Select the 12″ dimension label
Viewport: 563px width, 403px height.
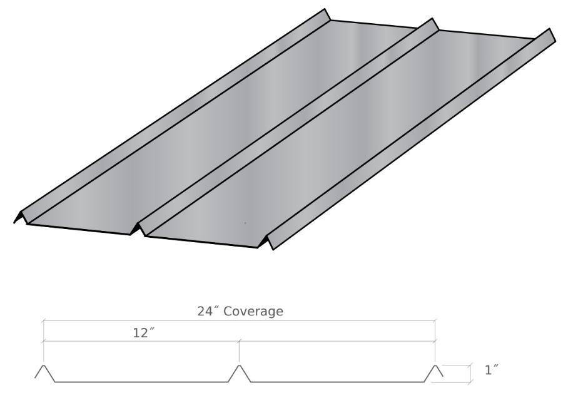pos(143,333)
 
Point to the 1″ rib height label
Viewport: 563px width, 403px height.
pos(492,370)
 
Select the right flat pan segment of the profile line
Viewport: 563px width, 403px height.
pos(338,381)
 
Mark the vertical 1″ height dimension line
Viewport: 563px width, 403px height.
pos(470,373)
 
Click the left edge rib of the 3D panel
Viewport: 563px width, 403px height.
pos(169,119)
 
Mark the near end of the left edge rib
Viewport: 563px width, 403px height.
pos(20,217)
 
